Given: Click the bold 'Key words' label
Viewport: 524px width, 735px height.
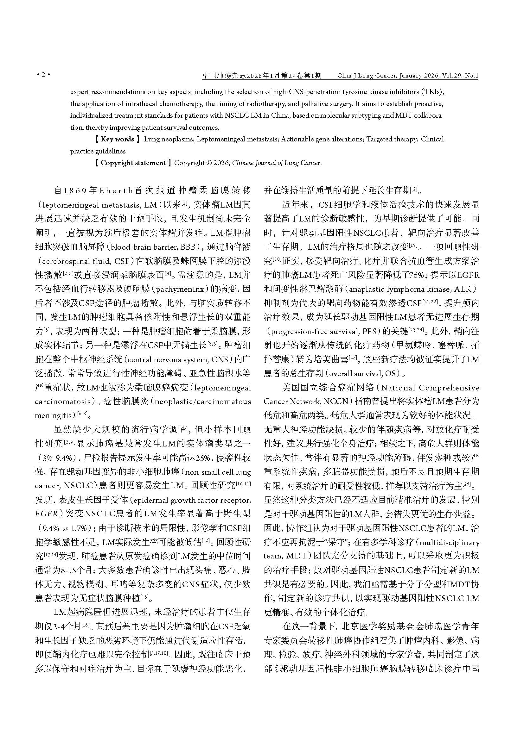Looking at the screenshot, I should point(117,139).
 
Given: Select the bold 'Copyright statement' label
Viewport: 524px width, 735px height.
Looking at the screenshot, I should point(133,163).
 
